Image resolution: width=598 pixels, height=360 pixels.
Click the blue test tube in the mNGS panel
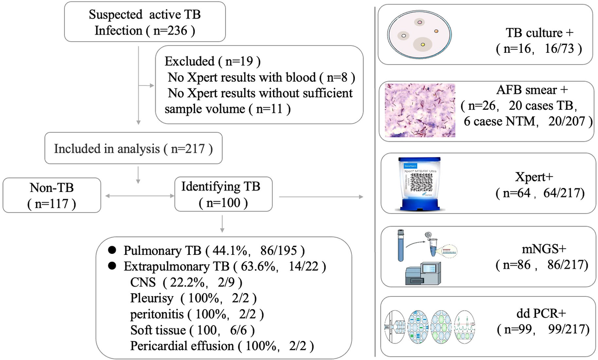point(400,245)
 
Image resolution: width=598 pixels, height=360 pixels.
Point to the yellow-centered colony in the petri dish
point(423,45)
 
